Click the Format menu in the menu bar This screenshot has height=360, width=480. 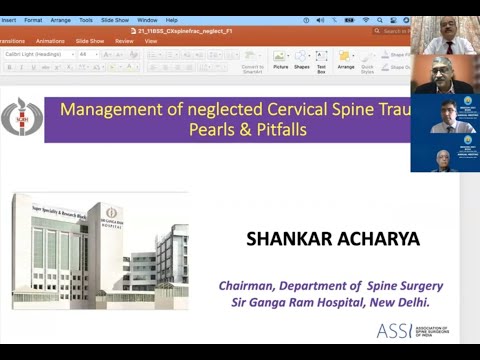[33, 20]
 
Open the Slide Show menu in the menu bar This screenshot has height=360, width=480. [115, 20]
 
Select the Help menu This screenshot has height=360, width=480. [172, 20]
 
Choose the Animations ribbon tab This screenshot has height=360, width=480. [50, 41]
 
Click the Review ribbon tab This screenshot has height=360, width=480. [124, 41]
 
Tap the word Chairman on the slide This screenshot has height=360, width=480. [249, 285]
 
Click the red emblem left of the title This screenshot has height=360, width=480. [21, 118]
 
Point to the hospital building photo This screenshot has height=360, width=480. [99, 251]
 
